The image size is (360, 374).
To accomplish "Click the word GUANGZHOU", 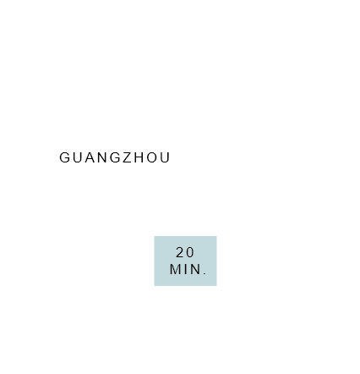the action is point(115,157).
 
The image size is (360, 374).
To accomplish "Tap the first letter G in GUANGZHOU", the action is point(64,157).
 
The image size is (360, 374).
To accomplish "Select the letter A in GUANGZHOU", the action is point(90,157).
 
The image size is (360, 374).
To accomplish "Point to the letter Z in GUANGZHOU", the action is point(128,157).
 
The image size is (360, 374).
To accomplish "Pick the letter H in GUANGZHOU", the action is point(139,157).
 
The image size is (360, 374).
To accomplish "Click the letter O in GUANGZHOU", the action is point(152,157).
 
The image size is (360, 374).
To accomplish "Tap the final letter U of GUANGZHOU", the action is point(165,157).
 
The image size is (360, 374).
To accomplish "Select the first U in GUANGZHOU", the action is point(77,157).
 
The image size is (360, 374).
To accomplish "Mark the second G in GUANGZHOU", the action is point(116,157).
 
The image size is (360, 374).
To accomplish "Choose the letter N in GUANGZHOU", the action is point(102,157).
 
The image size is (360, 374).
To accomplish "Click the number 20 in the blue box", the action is point(185,252).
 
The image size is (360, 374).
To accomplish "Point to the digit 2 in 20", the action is point(180,252).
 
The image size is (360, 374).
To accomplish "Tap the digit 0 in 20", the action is point(190,252).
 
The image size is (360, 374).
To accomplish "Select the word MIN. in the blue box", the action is point(188,269).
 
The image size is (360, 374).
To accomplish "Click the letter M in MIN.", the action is point(175,269).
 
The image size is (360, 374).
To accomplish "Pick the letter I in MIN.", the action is point(185,269).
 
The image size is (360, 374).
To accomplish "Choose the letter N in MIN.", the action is point(194,269).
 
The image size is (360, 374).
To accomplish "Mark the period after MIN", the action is point(205,273).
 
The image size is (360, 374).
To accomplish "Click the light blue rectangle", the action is point(185,261).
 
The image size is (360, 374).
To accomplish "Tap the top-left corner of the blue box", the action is point(154,236).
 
